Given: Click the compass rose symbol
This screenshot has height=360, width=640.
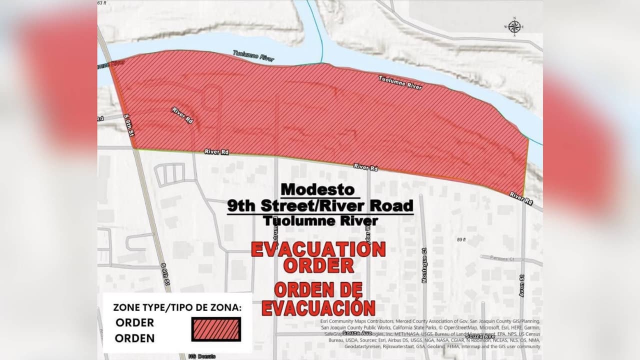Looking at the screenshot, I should pos(514,26).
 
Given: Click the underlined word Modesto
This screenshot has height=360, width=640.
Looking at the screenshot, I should pos(317,190).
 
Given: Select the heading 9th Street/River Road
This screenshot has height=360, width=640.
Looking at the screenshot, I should pos(320,205).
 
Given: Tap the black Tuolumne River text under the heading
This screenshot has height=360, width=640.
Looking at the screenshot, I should pos(320,220).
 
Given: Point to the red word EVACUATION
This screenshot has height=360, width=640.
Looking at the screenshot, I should pos(318,249).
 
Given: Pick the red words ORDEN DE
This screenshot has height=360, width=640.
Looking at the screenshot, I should pos(318,290).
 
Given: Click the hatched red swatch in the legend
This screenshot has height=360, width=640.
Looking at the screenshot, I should pos(216,329).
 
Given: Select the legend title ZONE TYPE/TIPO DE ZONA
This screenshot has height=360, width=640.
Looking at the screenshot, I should pos(177,307).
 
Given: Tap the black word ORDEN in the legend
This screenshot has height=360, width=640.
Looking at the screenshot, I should pos(134,338).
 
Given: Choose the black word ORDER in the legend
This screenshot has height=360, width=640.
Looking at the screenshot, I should pos(134,322).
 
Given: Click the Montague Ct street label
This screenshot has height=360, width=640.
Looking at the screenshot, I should pos(424,265).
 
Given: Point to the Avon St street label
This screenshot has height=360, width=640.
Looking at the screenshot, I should pos(521,285).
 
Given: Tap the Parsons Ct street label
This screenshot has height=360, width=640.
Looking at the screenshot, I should pos(502,259).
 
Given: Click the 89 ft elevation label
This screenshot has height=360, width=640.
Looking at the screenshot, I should pos(461,240).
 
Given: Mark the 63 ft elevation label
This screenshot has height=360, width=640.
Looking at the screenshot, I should pos(102,3).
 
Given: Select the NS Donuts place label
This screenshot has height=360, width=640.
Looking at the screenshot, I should pos(202,356).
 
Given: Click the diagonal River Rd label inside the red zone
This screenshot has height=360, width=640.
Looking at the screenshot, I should pos(182,115).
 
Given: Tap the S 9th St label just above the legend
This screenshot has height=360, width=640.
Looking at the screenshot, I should pos(165,273).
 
